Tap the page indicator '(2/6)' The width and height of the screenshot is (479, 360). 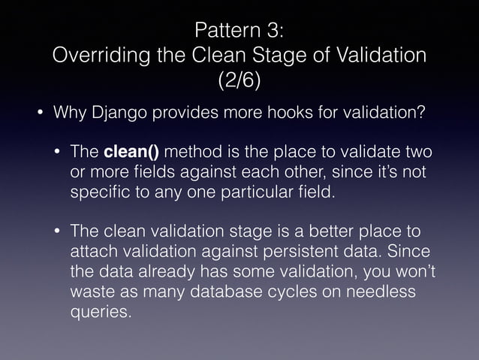pyautogui.click(x=239, y=80)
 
